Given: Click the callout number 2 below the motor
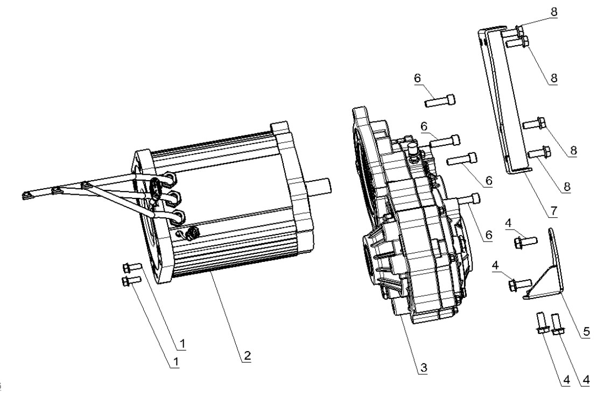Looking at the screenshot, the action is click(247, 356).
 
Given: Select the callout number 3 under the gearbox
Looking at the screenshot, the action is click(423, 367).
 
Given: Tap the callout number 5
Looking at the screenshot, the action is click(586, 331).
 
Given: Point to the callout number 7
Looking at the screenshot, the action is click(553, 210).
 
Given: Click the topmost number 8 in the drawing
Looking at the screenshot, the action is click(553, 11).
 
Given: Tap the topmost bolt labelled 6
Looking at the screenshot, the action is click(440, 101).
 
